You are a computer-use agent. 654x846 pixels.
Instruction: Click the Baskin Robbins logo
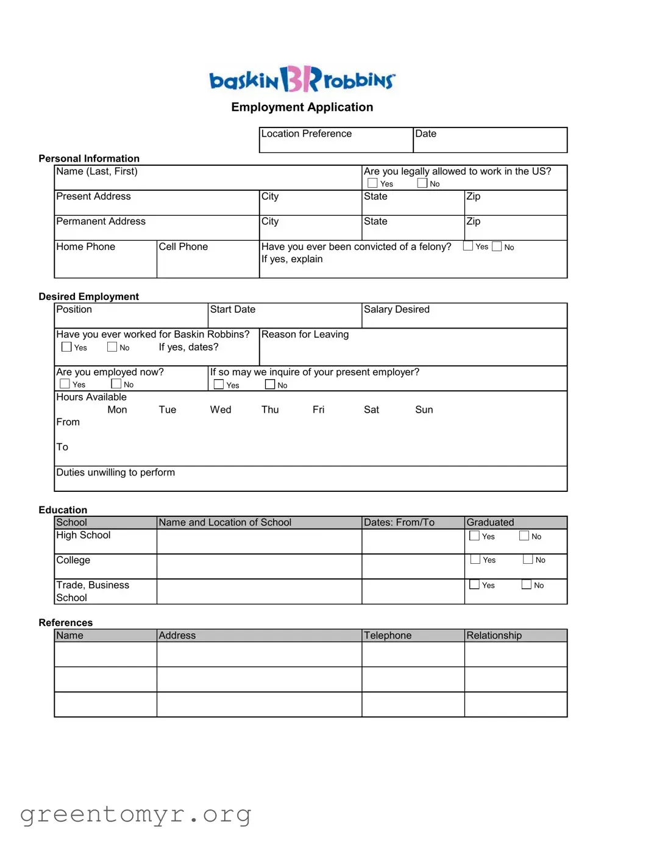(302, 79)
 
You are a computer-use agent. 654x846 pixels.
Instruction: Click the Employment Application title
(302, 107)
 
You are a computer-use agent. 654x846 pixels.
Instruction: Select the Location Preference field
(336, 140)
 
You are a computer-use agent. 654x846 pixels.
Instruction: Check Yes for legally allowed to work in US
(372, 183)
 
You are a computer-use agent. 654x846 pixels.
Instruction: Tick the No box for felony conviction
(497, 246)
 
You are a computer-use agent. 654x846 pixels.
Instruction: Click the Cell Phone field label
(183, 247)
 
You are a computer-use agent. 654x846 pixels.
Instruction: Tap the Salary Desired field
(464, 316)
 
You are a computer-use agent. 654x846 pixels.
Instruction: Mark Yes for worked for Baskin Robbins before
(66, 347)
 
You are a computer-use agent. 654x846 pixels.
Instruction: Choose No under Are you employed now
(116, 384)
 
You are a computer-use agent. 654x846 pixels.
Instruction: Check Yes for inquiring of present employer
(219, 385)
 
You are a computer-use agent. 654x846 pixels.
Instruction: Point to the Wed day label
(221, 410)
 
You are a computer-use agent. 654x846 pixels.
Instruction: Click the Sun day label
(424, 410)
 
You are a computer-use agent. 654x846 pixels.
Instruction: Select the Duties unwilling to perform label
(115, 472)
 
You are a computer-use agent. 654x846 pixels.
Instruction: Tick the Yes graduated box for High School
(474, 536)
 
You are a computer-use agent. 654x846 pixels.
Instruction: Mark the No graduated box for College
(528, 560)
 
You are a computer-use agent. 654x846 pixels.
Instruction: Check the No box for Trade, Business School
(527, 585)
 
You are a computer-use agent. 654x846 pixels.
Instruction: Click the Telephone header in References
(388, 635)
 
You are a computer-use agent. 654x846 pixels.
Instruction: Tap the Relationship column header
(494, 635)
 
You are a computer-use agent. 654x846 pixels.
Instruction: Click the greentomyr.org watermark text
(135, 814)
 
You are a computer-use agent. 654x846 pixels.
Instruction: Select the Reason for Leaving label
(305, 335)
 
